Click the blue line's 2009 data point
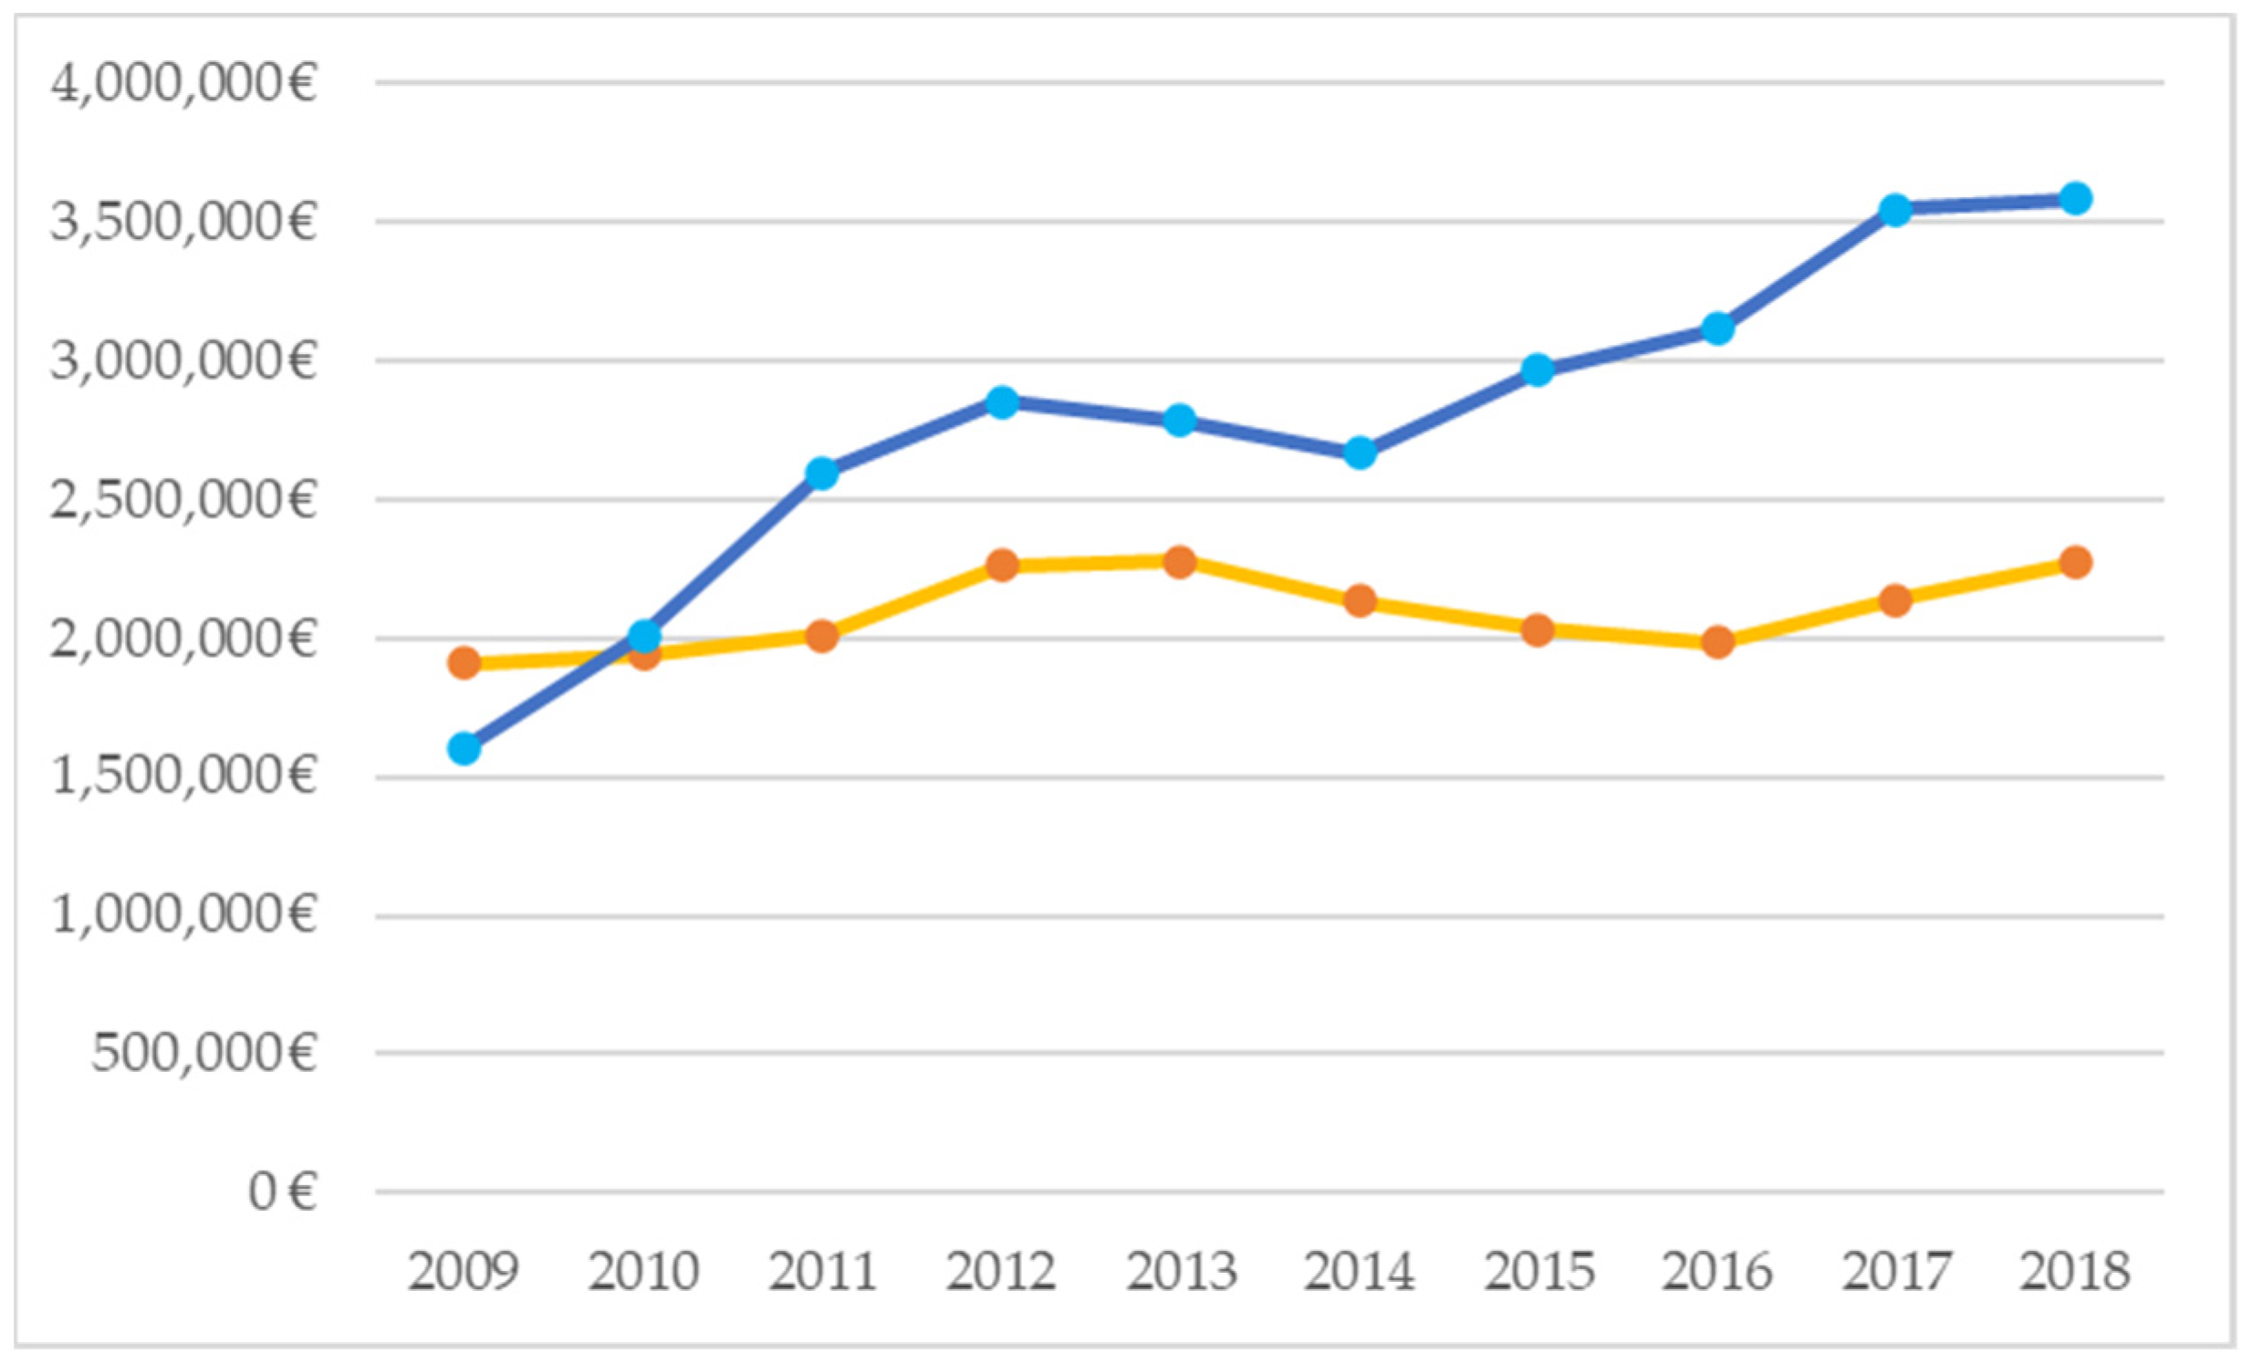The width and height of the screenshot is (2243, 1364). (464, 749)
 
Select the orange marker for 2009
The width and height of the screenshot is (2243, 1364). (464, 662)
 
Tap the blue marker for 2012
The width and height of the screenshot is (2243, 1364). (1002, 401)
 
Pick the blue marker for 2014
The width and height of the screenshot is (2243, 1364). (1360, 453)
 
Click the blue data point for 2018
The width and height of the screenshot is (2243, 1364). (2075, 198)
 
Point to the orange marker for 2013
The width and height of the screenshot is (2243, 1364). (1180, 561)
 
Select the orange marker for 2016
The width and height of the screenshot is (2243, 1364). (1717, 641)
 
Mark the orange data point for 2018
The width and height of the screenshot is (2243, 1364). (2075, 562)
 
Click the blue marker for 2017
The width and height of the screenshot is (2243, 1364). (1895, 210)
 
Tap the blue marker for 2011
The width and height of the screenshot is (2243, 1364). (822, 474)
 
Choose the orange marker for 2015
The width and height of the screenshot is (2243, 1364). (1538, 630)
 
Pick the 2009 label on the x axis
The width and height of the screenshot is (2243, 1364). (464, 1270)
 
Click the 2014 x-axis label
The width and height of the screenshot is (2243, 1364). (1360, 1270)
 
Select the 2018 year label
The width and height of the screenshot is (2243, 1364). (2075, 1270)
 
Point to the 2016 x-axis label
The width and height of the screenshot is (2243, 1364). (1717, 1270)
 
